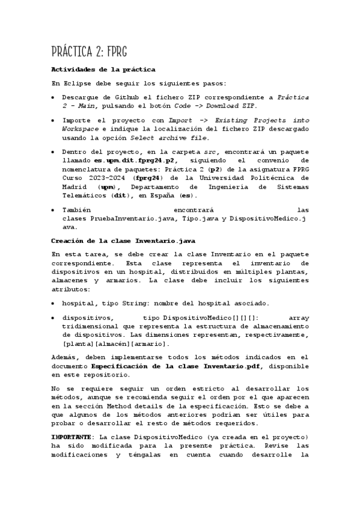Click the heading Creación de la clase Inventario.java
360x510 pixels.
coord(115,241)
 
